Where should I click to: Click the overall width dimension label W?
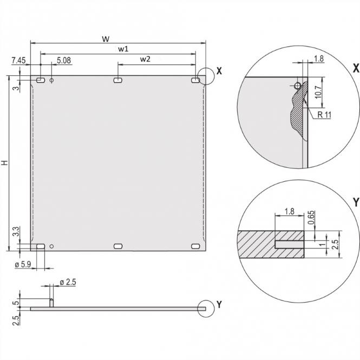click(x=106, y=38)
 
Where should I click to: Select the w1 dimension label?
click(x=123, y=49)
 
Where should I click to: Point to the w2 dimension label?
click(x=145, y=59)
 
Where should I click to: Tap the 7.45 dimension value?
click(x=18, y=61)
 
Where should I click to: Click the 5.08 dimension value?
click(x=63, y=61)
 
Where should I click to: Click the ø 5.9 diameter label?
click(x=23, y=264)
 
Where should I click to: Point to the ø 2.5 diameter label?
click(x=68, y=282)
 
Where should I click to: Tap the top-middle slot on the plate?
click(x=118, y=81)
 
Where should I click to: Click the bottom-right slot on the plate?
click(x=195, y=246)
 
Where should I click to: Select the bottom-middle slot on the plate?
click(x=118, y=246)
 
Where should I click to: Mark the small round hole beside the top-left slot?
click(x=51, y=81)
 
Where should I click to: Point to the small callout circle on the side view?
click(x=206, y=307)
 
